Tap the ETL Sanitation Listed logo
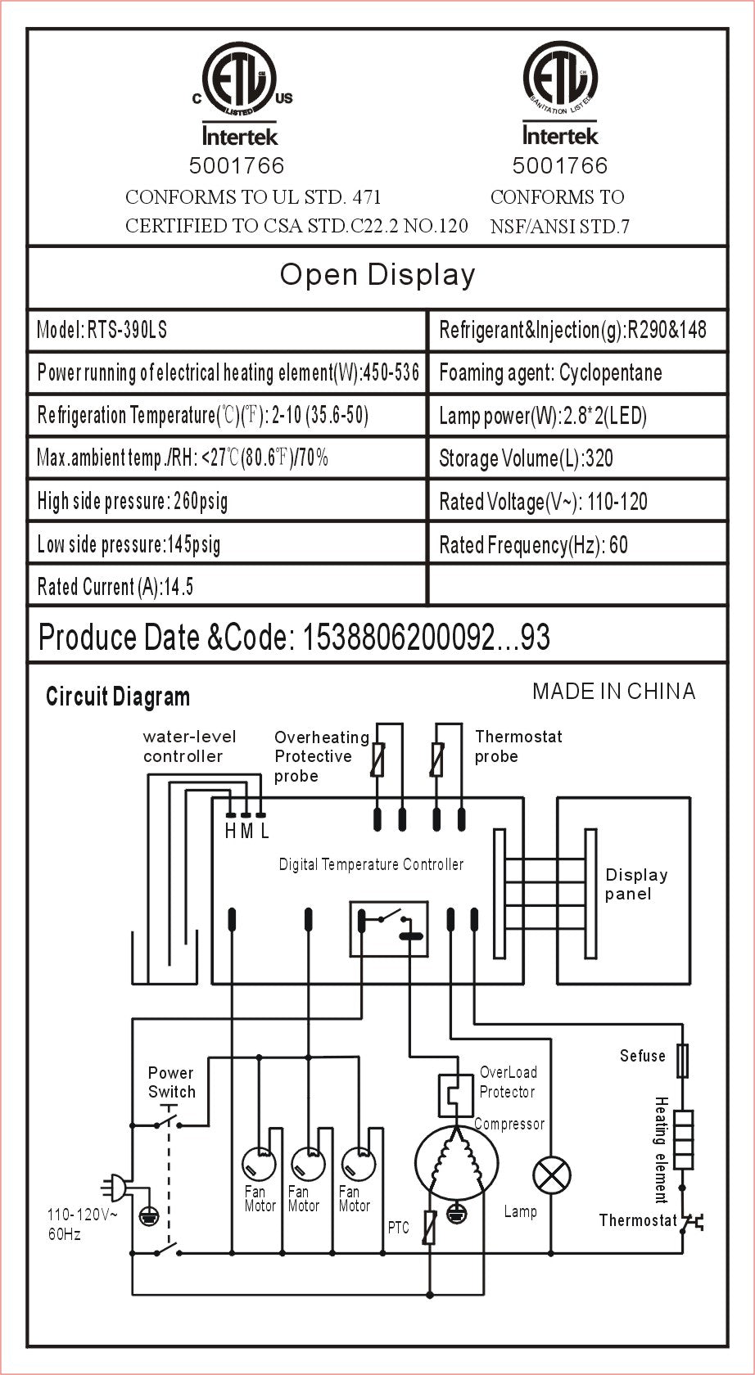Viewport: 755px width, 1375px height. coord(560,79)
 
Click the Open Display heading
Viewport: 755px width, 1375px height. coord(377,275)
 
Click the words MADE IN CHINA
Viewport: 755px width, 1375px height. coord(613,692)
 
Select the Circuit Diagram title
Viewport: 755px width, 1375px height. coord(118,697)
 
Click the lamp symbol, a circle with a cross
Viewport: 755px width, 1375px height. coord(552,1177)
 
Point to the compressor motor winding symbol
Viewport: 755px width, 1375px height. coord(455,1161)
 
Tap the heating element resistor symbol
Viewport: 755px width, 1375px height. coord(683,1139)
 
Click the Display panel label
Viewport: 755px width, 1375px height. coord(635,884)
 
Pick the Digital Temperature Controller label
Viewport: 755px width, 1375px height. coord(371,864)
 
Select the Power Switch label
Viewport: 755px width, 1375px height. coord(172,1082)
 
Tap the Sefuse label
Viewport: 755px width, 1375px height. coord(642,1056)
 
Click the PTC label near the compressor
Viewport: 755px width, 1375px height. coord(398,1228)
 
